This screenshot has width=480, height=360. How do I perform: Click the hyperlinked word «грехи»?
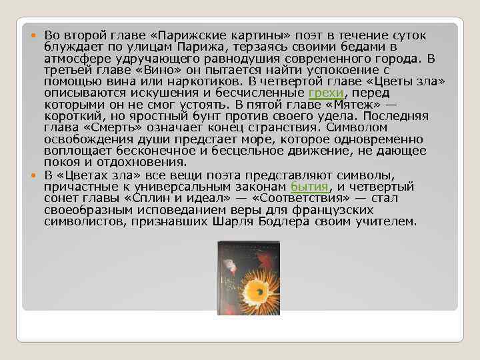pyautogui.click(x=325, y=93)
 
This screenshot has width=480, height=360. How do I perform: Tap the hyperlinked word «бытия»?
pyautogui.click(x=309, y=186)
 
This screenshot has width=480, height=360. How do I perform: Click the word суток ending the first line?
pyautogui.click(x=407, y=35)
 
